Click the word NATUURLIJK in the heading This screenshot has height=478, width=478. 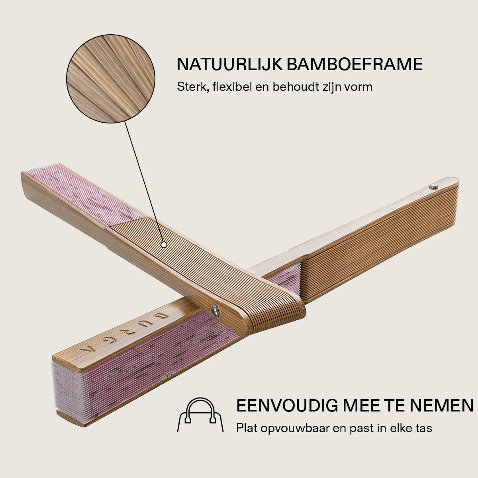tap(230, 64)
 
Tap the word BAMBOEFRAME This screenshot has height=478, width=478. tap(355, 64)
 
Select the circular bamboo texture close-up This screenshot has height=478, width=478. tap(111, 78)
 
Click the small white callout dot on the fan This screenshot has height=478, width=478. tap(164, 245)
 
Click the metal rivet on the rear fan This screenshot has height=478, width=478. tap(433, 186)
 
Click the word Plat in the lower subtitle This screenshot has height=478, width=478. tap(247, 428)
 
